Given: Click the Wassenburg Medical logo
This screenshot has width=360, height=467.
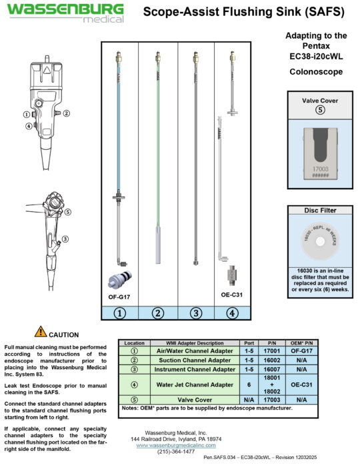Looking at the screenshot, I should point(65,12).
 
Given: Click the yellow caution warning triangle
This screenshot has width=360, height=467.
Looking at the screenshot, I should point(41,331).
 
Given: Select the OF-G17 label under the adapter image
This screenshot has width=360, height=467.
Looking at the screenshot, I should point(119,295).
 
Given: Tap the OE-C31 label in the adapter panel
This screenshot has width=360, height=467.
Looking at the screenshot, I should point(231,294).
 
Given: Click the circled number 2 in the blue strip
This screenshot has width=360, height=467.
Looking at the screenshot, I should point(158,312).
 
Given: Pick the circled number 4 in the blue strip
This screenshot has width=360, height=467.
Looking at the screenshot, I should point(231,312).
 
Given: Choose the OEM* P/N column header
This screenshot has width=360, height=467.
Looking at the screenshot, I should point(302,343).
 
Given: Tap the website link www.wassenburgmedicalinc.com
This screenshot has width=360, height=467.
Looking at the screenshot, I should point(180,445).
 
